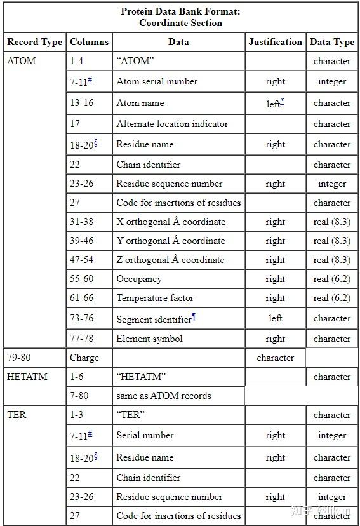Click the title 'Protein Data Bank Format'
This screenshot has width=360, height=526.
[x=180, y=11]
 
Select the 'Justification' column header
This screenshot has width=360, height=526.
[x=275, y=42]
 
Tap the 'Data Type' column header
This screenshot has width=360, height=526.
[x=331, y=42]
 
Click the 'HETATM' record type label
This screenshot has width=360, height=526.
[x=23, y=376]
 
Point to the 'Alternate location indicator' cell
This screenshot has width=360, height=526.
[x=171, y=124]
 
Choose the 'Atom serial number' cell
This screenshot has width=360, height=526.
[x=156, y=81]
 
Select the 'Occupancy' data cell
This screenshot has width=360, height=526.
[x=139, y=279]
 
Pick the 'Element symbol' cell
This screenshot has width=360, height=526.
[x=149, y=339]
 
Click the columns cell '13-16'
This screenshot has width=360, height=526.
[x=81, y=103]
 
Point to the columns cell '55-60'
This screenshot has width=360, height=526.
[x=81, y=279]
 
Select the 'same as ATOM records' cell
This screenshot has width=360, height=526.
[x=163, y=395]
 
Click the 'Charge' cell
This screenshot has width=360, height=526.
[x=84, y=358]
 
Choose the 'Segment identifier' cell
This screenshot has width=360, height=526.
[x=155, y=319]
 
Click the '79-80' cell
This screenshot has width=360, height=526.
[x=18, y=358]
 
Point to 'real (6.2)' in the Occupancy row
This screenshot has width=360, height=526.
[x=331, y=279]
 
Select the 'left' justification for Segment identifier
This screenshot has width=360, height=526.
[x=275, y=318]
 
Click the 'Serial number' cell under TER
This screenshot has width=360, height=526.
[x=145, y=435]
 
